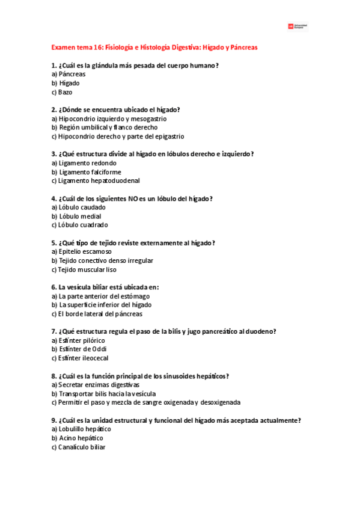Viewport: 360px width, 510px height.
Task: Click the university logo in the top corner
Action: (298, 26)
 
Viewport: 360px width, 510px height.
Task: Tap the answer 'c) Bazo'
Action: (62, 92)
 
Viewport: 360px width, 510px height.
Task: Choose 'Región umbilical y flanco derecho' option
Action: (105, 127)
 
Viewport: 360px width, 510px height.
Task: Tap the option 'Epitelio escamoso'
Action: (82, 251)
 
